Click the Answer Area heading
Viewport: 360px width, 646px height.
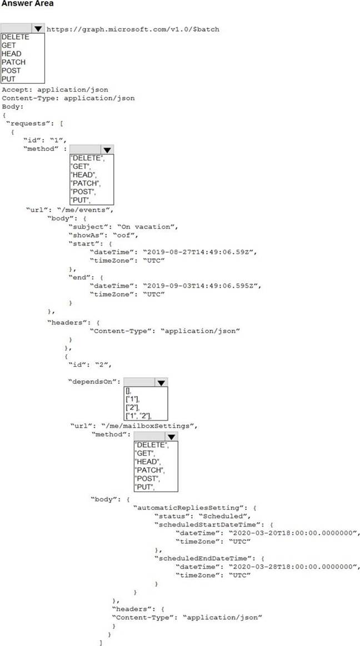coord(27,4)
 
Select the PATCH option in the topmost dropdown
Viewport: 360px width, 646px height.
coord(13,62)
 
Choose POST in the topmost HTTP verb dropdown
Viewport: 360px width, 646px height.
coord(12,71)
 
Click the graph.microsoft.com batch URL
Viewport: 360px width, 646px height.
coord(133,29)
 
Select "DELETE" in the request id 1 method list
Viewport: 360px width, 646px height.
coord(87,158)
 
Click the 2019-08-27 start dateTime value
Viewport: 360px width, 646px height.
coord(200,252)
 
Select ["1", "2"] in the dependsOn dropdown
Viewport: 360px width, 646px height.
coord(139,416)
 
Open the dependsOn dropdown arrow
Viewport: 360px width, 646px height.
coord(161,382)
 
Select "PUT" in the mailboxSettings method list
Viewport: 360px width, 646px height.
coord(144,487)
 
